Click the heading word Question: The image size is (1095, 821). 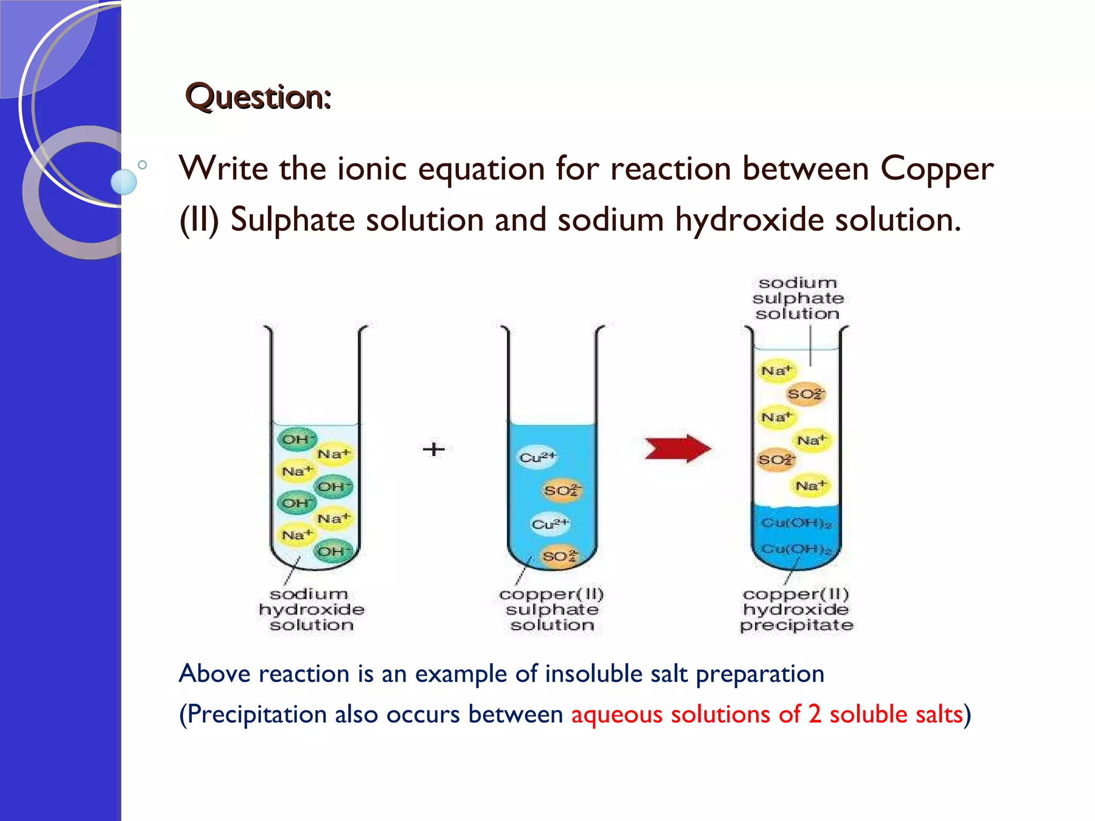tap(258, 97)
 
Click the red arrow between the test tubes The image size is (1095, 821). tap(677, 448)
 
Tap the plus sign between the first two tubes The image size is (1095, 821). tap(434, 449)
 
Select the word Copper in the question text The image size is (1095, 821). tap(937, 169)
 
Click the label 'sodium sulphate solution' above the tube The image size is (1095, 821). tap(798, 298)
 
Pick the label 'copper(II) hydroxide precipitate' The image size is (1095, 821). tap(796, 609)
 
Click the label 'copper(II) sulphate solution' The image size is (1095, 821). tap(552, 609)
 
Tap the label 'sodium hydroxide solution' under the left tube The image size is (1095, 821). tap(311, 609)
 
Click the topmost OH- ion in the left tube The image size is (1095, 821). tap(297, 439)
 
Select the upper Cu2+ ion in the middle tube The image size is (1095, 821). tap(537, 458)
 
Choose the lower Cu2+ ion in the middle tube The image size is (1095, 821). tap(550, 524)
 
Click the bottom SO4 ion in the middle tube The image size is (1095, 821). tap(560, 556)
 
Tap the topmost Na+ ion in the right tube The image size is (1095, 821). tap(776, 371)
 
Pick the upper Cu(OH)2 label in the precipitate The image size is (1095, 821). tap(796, 523)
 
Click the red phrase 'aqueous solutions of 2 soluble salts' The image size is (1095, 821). tap(767, 715)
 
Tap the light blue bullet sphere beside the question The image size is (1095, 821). tap(124, 182)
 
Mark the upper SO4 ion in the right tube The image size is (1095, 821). tap(806, 394)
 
